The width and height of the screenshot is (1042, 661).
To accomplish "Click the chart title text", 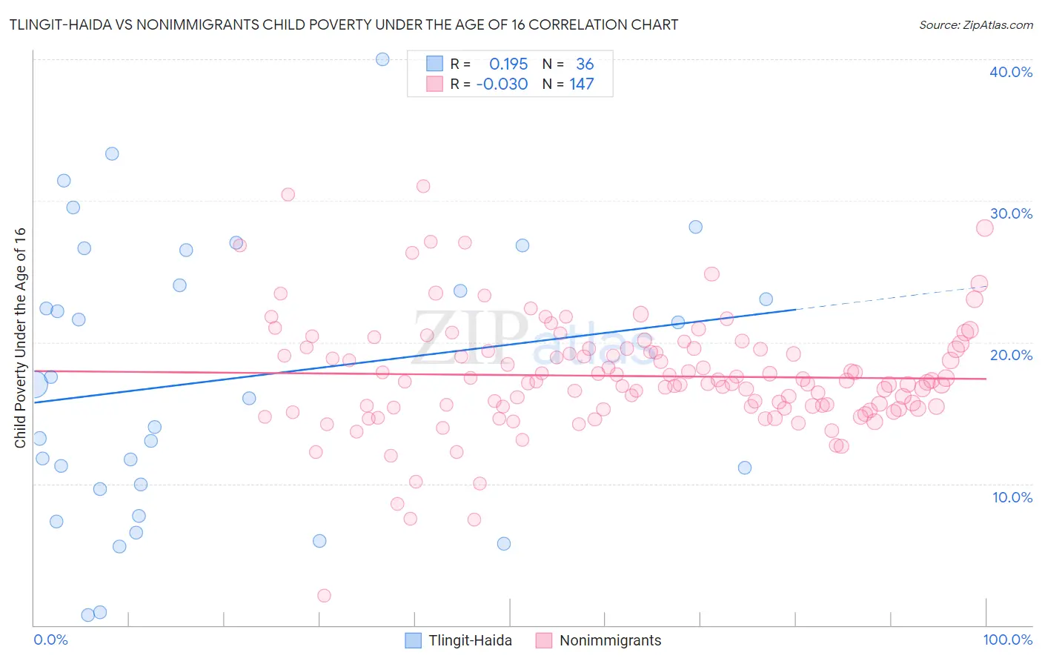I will (343, 25).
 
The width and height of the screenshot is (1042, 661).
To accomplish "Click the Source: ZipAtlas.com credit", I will (975, 25).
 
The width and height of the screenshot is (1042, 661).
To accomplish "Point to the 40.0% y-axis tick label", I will (1011, 72).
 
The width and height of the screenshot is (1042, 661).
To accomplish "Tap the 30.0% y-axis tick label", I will (1011, 213).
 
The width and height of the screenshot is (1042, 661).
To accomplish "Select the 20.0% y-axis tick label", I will (1011, 355).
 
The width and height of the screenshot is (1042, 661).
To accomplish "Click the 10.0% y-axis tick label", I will (1011, 497).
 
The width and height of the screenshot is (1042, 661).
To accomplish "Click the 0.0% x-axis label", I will (50, 640).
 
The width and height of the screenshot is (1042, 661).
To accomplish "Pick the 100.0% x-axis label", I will (1007, 640).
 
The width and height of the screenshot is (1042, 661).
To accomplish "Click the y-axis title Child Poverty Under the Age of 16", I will (20, 337).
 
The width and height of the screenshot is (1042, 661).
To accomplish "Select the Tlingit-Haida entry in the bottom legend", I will (469, 640).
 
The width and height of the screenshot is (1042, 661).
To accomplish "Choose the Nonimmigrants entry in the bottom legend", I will (609, 640).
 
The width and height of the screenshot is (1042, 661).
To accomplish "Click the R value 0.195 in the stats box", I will (508, 64).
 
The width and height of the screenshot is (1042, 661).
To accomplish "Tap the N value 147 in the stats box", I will (581, 84).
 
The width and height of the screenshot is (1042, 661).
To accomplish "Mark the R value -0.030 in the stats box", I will (502, 84).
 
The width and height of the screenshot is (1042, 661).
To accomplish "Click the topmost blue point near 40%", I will (382, 59).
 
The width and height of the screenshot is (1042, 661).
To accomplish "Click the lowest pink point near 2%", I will (324, 595).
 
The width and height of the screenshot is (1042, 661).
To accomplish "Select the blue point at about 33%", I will (112, 154).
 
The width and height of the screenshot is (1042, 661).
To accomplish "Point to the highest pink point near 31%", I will (423, 186).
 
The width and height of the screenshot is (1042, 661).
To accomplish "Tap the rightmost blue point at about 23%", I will (766, 299).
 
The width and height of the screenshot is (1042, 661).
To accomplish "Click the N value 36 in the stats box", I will (585, 64).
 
